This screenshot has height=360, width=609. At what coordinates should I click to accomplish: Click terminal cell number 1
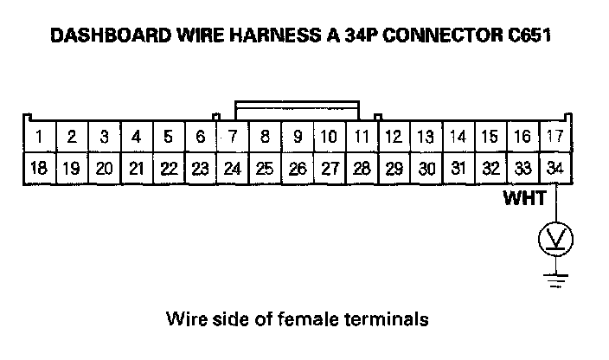point(40,137)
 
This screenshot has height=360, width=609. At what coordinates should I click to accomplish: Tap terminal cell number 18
point(40,168)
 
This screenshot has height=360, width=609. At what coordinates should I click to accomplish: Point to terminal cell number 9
point(297,137)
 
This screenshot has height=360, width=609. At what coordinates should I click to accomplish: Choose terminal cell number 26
point(297,168)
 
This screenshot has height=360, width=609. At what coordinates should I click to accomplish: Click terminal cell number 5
point(168,137)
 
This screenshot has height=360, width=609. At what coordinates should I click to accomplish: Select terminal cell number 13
point(426,137)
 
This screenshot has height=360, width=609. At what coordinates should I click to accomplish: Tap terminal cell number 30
point(426,168)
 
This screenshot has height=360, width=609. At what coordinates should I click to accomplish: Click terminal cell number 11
point(362,137)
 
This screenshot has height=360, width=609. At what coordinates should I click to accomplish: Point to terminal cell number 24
point(232,168)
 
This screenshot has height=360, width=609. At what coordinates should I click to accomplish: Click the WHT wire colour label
point(525,200)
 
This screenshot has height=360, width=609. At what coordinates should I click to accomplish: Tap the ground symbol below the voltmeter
point(555,277)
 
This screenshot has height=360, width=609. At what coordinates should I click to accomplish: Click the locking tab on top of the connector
point(297,111)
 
